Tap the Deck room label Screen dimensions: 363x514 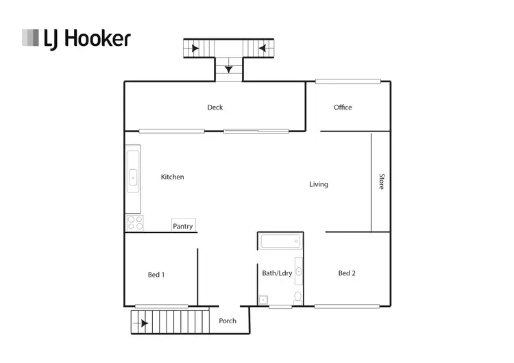click(215, 107)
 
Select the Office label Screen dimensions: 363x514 click(343, 107)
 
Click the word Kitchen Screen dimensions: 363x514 click(172, 177)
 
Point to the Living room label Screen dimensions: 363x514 click(319, 184)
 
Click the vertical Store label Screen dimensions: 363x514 click(382, 181)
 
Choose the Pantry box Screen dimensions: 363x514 click(183, 226)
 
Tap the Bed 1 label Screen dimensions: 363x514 click(156, 275)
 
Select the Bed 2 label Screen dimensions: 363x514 click(347, 273)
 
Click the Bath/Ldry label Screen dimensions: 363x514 click(277, 273)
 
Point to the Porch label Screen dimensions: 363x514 click(228, 321)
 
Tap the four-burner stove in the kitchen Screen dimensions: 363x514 click(134, 223)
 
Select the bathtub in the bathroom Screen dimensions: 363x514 click(280, 241)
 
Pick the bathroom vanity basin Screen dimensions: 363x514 click(298, 271)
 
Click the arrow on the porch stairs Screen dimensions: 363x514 click(144, 323)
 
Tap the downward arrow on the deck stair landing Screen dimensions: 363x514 click(228, 68)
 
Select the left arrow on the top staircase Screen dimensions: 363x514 click(196, 49)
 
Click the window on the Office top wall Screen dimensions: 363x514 click(347, 81)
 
